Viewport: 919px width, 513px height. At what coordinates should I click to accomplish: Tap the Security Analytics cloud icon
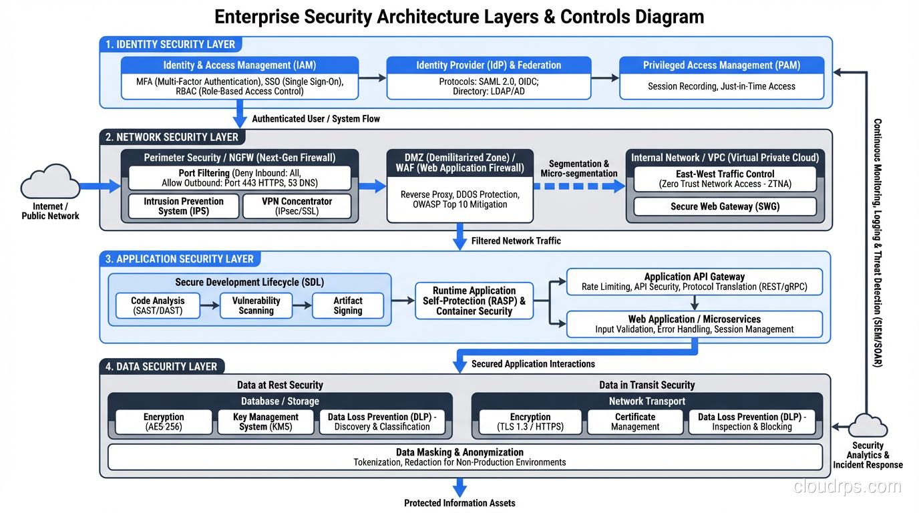pos(867,425)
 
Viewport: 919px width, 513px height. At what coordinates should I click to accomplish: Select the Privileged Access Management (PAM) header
pos(721,65)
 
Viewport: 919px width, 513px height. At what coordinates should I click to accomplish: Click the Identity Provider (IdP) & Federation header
pos(488,65)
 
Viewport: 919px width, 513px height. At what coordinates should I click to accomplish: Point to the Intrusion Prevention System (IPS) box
pos(183,206)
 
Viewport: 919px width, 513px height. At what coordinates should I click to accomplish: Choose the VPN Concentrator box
pos(297,206)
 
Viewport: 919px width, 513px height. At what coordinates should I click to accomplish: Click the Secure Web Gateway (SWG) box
pos(725,206)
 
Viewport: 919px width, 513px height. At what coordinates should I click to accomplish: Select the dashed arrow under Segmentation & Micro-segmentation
pos(578,187)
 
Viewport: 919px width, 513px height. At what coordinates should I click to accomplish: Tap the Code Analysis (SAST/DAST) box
pos(158,306)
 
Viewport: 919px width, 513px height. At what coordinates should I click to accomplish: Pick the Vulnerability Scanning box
pos(256,306)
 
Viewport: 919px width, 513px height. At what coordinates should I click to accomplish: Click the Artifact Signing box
pos(348,306)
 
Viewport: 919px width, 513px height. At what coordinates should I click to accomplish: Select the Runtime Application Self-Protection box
pos(474,301)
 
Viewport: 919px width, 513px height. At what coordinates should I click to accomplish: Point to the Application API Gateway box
pos(694,282)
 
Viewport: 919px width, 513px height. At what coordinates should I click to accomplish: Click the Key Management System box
pos(265,421)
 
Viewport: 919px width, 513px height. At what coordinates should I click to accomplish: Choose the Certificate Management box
pos(634,421)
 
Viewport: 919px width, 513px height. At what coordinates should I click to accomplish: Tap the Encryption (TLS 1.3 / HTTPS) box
pos(530,421)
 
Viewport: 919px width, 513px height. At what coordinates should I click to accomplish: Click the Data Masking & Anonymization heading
pos(459,452)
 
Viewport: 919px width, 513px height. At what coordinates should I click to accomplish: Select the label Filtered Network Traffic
pos(516,240)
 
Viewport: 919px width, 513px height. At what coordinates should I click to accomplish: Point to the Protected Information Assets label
pos(459,503)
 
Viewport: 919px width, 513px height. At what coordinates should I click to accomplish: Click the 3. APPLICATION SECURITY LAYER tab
pos(180,259)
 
